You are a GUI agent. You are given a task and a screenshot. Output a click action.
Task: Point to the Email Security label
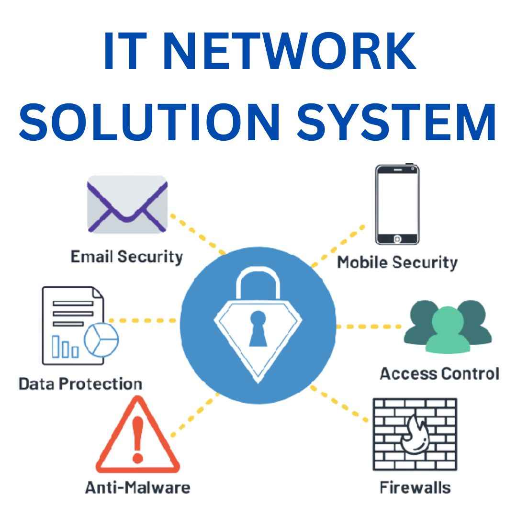(127, 257)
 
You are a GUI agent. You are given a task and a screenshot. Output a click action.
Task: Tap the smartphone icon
(397, 204)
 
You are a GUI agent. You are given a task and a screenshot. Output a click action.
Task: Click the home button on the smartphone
(397, 238)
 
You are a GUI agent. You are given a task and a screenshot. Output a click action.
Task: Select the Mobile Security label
(397, 262)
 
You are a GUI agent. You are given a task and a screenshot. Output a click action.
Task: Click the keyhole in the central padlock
(258, 328)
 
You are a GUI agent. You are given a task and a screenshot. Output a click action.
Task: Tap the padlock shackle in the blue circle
(258, 282)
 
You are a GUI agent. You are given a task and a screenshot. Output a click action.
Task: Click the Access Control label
(439, 373)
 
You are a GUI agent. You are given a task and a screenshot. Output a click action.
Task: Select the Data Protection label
(80, 384)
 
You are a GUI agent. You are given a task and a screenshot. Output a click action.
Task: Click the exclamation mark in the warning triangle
(138, 438)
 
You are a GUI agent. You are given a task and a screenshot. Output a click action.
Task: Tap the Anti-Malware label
(137, 488)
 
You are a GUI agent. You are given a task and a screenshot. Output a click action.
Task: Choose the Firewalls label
(415, 488)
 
